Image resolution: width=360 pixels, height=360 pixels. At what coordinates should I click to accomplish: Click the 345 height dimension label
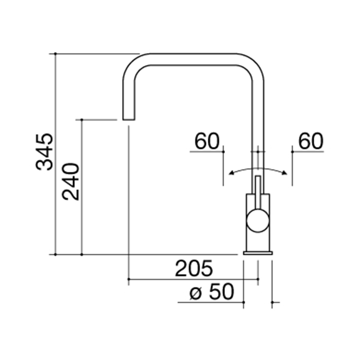(x=45, y=152)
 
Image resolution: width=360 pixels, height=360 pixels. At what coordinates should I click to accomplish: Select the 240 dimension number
(x=71, y=181)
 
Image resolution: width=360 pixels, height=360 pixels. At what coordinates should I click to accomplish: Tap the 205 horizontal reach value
(x=194, y=268)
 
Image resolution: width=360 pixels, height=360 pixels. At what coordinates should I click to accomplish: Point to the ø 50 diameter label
(x=211, y=292)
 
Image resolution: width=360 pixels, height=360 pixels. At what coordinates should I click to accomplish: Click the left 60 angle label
(x=207, y=141)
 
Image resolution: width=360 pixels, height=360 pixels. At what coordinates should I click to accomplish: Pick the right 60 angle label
(x=310, y=141)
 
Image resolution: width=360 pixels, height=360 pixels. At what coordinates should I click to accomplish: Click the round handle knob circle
(x=258, y=220)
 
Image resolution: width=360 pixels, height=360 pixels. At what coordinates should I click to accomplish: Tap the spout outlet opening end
(x=129, y=120)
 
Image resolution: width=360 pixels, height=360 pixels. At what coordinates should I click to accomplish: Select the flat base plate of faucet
(x=258, y=253)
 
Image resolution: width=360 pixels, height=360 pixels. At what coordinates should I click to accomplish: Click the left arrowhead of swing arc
(x=231, y=173)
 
